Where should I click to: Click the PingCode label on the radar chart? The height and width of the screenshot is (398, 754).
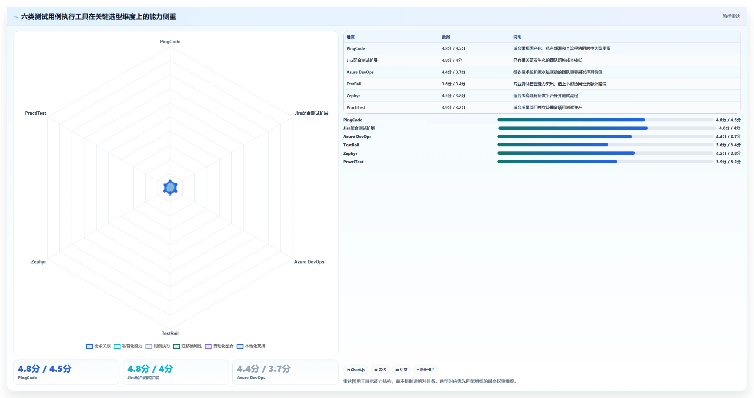(170, 41)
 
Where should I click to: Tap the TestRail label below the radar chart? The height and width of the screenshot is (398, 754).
(170, 333)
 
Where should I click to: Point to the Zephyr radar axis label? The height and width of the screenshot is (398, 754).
(38, 262)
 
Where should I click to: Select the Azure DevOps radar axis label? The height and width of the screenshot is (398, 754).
(309, 262)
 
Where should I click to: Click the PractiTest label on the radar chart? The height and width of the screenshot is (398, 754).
(35, 113)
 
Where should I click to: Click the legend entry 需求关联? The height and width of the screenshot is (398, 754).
(98, 346)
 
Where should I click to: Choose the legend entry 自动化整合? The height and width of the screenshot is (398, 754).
(219, 346)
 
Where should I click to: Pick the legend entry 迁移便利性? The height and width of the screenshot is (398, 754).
(187, 346)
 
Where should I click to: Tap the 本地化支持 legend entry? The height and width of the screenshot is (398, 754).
(251, 346)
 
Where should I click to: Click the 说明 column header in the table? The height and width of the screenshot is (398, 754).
(517, 37)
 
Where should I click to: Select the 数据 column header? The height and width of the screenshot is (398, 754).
(446, 37)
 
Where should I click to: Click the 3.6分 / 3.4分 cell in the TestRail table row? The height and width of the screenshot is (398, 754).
(454, 84)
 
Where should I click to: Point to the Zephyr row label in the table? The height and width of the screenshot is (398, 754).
(353, 96)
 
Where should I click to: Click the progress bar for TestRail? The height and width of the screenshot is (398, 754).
(605, 145)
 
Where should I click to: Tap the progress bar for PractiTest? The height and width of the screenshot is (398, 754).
(605, 162)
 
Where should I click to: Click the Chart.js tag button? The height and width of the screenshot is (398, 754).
(356, 370)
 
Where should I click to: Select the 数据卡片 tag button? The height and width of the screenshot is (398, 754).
(426, 370)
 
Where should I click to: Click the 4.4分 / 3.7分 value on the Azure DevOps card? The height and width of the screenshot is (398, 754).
(264, 369)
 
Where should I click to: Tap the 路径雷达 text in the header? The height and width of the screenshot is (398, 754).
(731, 16)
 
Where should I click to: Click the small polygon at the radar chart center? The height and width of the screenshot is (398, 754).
(170, 188)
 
